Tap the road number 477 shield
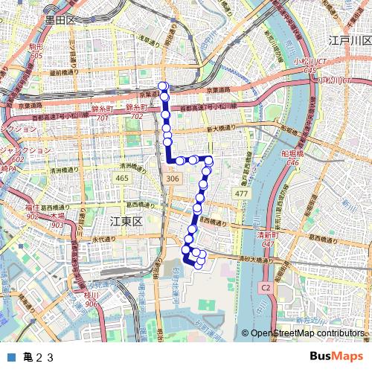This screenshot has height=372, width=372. coord(241,193)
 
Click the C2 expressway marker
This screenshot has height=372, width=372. coord(266,286)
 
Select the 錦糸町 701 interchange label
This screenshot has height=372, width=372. coord(102,113)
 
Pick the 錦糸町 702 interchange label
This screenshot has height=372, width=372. coord(136,113)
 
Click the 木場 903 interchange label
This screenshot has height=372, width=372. coord(57,219)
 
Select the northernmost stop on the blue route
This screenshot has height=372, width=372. coord(163,86)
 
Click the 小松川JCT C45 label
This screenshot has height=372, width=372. coord(310,66)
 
